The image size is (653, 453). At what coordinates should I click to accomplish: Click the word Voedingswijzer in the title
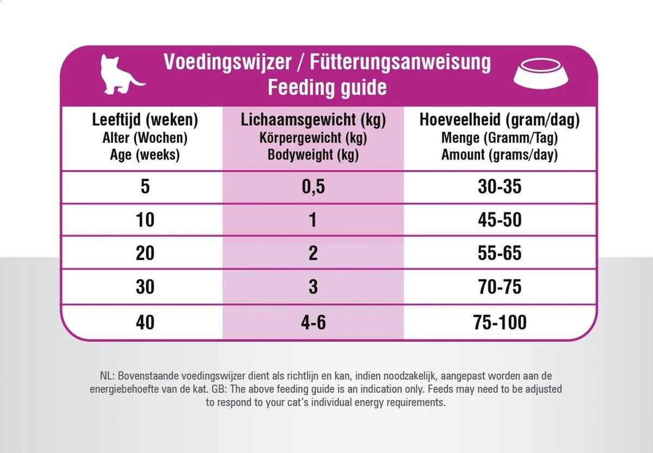click(227, 63)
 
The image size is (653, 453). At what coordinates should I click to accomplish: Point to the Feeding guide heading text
click(326, 87)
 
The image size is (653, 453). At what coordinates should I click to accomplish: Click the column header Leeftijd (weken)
click(145, 120)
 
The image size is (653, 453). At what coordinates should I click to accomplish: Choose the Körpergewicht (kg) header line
click(313, 138)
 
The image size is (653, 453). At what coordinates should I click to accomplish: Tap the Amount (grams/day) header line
click(499, 155)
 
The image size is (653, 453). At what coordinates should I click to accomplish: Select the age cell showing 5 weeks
click(145, 187)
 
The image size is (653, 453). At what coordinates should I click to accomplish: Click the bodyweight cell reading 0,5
click(313, 187)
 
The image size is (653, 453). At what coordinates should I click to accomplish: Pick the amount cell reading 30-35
click(499, 187)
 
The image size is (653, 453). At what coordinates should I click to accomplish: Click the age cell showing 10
click(145, 220)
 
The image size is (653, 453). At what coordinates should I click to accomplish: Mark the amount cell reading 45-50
click(499, 220)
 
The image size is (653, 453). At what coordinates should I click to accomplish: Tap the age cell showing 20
click(145, 253)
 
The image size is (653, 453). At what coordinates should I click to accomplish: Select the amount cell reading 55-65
click(499, 253)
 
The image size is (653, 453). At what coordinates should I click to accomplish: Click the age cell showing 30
click(145, 286)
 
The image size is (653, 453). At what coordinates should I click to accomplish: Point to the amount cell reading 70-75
click(499, 286)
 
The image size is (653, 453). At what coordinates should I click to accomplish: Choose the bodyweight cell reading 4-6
click(313, 322)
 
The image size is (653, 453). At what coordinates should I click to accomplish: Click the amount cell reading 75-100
click(499, 322)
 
